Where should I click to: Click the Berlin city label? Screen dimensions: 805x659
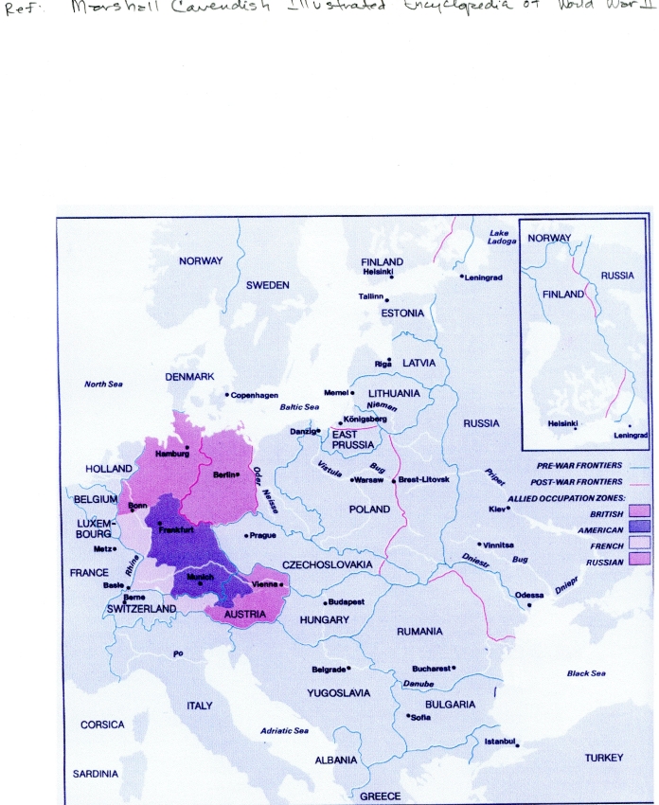pyautogui.click(x=224, y=474)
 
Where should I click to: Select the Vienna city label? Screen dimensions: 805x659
pyautogui.click(x=265, y=584)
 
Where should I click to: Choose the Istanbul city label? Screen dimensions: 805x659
pyautogui.click(x=502, y=741)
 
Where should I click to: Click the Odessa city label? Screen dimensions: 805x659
pyautogui.click(x=529, y=595)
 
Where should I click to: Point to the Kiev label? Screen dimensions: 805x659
pyautogui.click(x=499, y=509)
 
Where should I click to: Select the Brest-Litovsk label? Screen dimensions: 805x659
pyautogui.click(x=423, y=480)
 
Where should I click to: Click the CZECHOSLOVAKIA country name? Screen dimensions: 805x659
pyautogui.click(x=327, y=564)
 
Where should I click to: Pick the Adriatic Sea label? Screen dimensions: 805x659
pyautogui.click(x=285, y=731)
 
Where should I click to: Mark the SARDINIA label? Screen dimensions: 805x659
pyautogui.click(x=96, y=774)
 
